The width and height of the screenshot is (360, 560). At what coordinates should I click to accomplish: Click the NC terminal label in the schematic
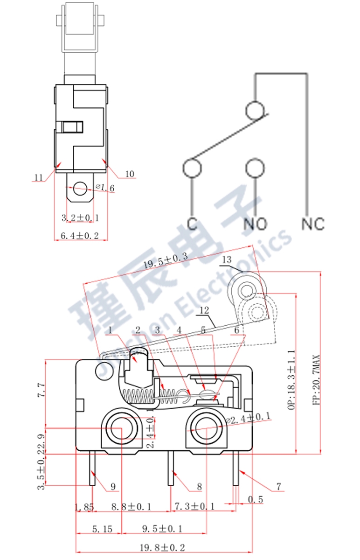tap(312, 224)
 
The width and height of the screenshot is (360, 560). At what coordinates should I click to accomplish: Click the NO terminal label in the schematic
tap(256, 224)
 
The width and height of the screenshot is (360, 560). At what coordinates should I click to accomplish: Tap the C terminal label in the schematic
tap(192, 224)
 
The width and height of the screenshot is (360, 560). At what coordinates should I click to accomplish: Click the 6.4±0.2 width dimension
tap(80, 236)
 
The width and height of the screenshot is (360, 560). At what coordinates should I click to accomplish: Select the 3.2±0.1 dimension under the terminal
tap(80, 217)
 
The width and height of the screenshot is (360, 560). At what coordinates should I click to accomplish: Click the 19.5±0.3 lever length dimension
tap(165, 262)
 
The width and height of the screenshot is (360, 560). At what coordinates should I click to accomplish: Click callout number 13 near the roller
tap(227, 259)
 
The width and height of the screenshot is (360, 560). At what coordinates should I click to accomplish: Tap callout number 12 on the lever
tap(204, 310)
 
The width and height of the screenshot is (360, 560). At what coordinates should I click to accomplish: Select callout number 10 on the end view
tap(130, 174)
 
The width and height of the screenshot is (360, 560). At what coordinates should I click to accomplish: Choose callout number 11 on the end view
tap(39, 177)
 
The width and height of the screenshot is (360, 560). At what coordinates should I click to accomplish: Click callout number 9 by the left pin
tap(113, 486)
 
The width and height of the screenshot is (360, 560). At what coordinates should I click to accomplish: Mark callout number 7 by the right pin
tap(278, 486)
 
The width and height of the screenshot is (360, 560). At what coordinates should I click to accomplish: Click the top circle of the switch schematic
tap(255, 110)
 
